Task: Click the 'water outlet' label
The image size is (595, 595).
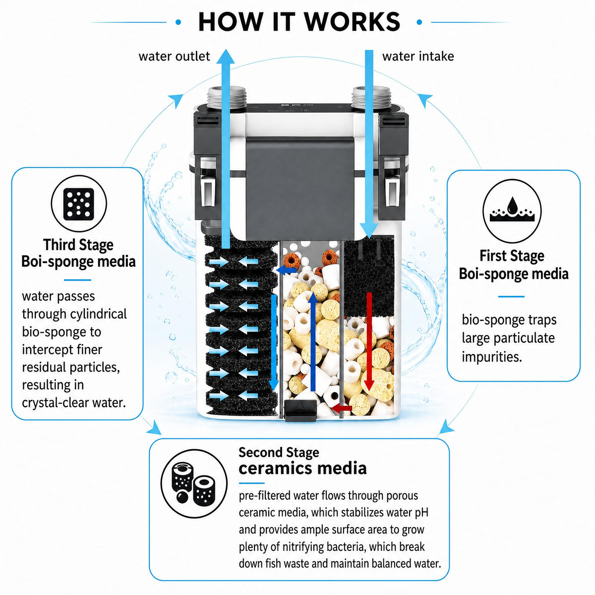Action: [174, 57]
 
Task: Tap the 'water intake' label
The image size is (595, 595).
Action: [418, 57]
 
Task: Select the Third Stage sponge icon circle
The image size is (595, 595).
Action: [79, 204]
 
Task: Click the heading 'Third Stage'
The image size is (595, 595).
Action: [78, 245]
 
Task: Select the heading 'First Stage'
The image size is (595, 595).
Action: [512, 256]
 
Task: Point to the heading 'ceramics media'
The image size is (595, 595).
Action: [302, 469]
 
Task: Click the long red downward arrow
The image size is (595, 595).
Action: [369, 342]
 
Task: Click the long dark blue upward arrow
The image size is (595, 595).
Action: [313, 342]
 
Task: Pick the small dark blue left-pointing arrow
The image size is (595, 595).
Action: [286, 271]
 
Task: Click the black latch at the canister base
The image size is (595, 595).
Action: [300, 411]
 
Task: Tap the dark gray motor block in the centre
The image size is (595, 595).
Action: [300, 188]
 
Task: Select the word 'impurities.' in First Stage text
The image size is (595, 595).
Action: [492, 357]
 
